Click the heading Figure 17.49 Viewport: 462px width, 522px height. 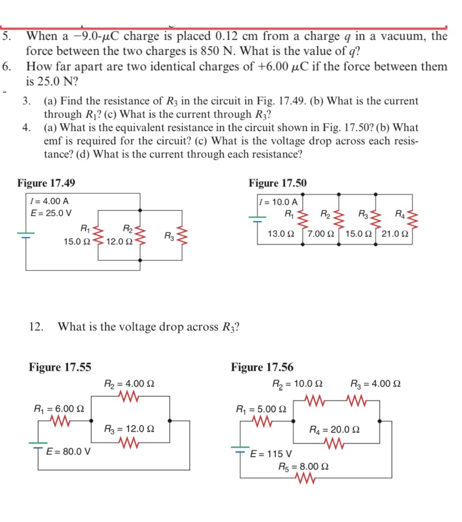(46, 183)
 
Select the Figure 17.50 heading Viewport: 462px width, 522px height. (277, 183)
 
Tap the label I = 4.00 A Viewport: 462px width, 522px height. (49, 201)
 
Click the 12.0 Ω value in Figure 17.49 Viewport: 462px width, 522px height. (119, 242)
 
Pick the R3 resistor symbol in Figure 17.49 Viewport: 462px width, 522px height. (183, 235)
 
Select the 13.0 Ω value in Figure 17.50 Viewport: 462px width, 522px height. (281, 234)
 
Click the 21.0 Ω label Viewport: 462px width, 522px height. (395, 234)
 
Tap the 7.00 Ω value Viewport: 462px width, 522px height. (320, 234)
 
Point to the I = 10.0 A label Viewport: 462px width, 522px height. (278, 202)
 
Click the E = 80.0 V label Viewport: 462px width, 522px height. (68, 451)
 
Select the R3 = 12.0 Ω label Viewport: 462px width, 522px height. (129, 429)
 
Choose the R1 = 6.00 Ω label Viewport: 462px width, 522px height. (59, 408)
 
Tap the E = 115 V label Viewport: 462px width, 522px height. (271, 454)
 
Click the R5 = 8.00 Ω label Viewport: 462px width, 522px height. (303, 466)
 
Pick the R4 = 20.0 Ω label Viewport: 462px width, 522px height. (334, 429)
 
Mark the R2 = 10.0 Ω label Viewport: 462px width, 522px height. (297, 384)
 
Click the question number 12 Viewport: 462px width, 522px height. (36, 326)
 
